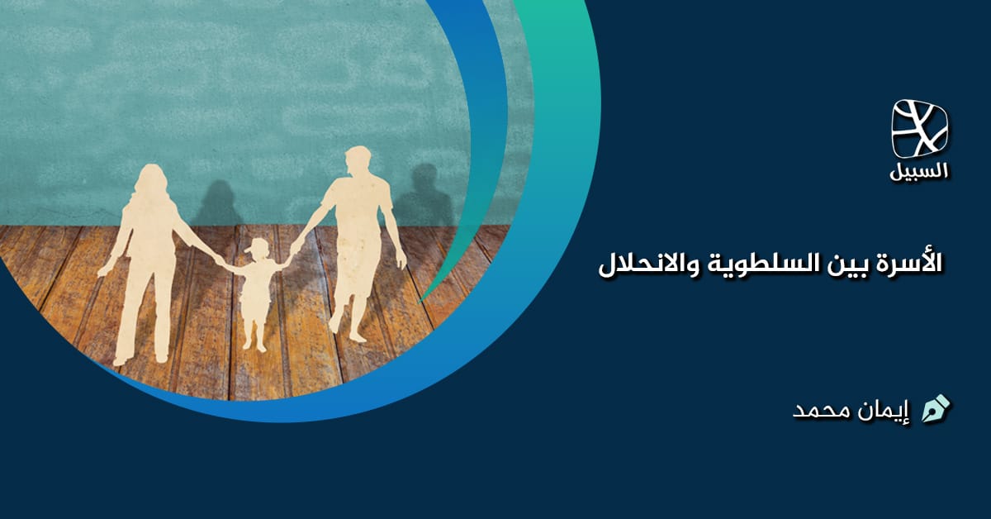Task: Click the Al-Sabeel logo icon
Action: click(920, 128)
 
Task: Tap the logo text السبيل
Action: click(920, 172)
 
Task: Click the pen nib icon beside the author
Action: click(936, 408)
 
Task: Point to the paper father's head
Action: click(358, 162)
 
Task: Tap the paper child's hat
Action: click(259, 245)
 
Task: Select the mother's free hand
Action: click(103, 270)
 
